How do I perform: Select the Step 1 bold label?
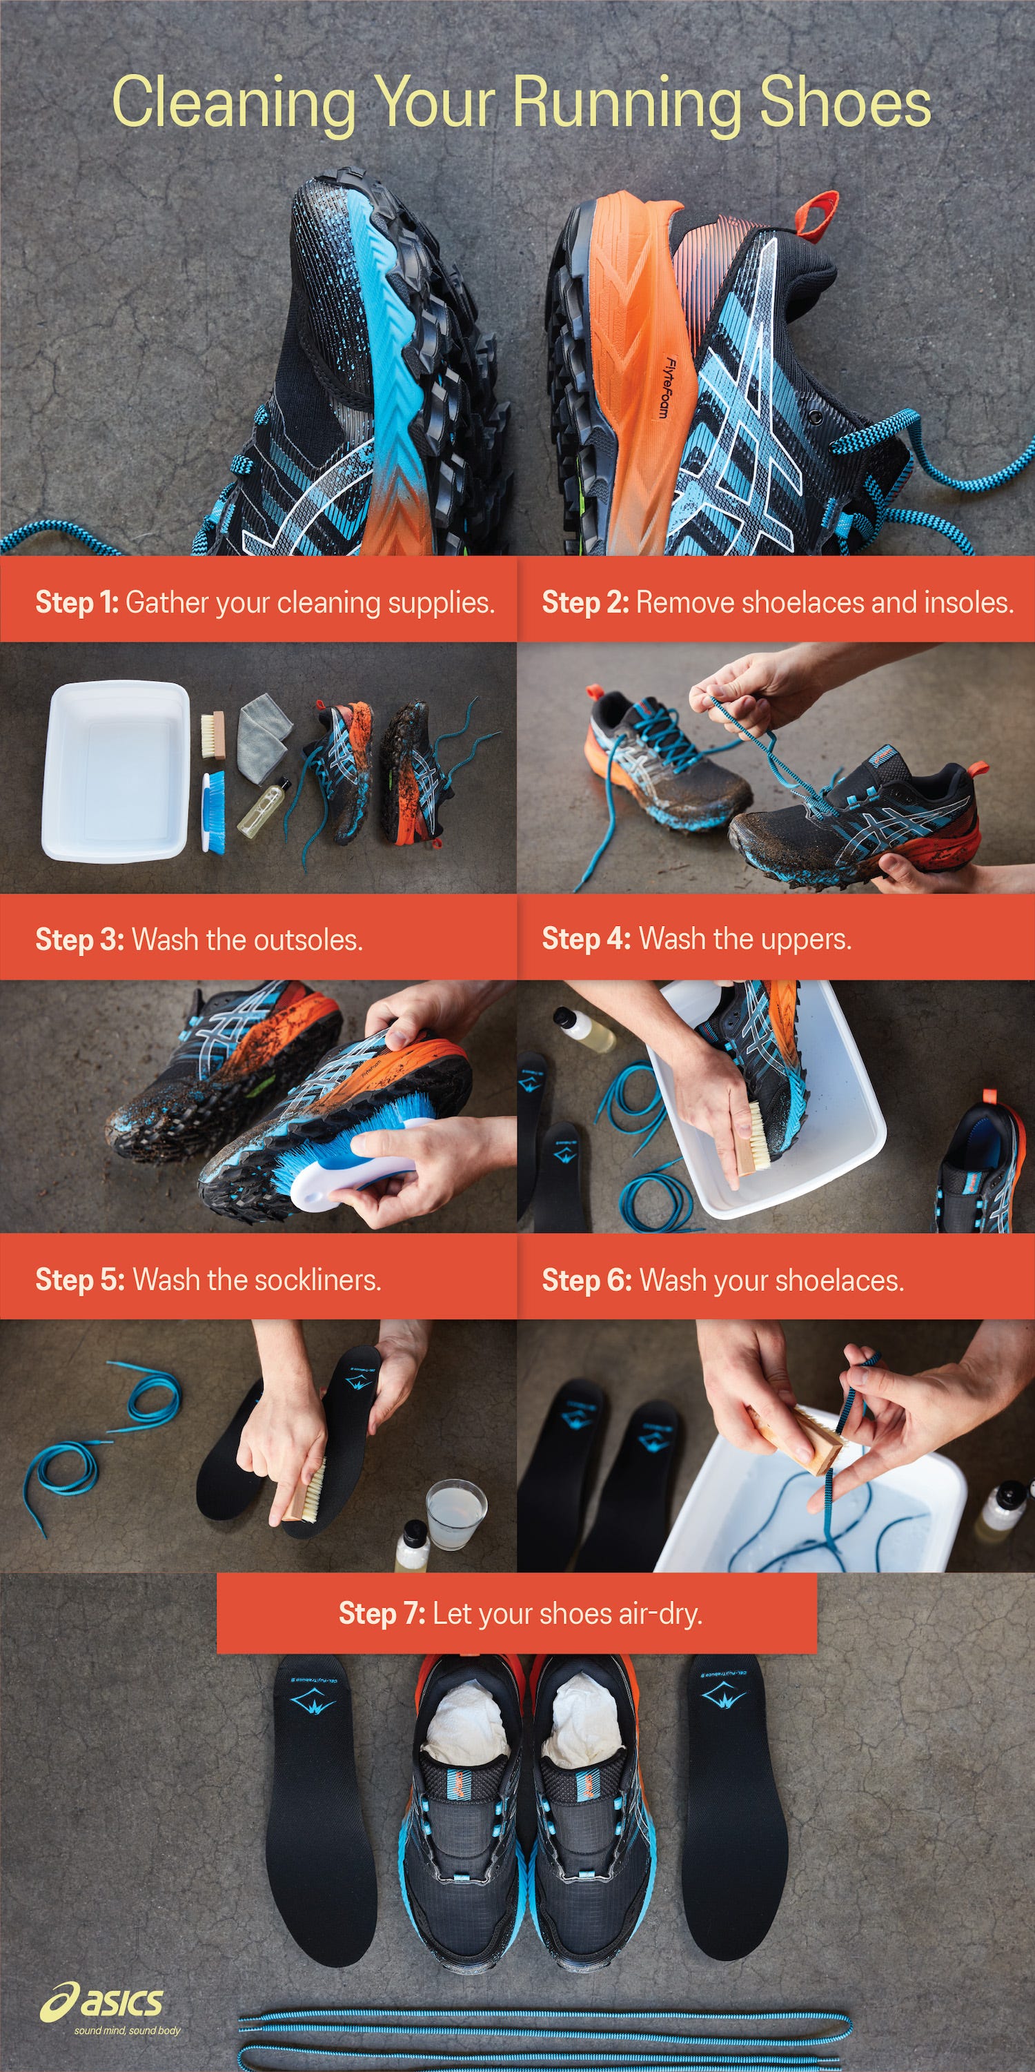click(x=77, y=602)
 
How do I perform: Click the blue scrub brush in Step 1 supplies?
click(x=213, y=812)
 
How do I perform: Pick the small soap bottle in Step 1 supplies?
click(x=262, y=807)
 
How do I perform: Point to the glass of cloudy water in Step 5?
click(x=456, y=1514)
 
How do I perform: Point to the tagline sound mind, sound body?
click(x=127, y=2030)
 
